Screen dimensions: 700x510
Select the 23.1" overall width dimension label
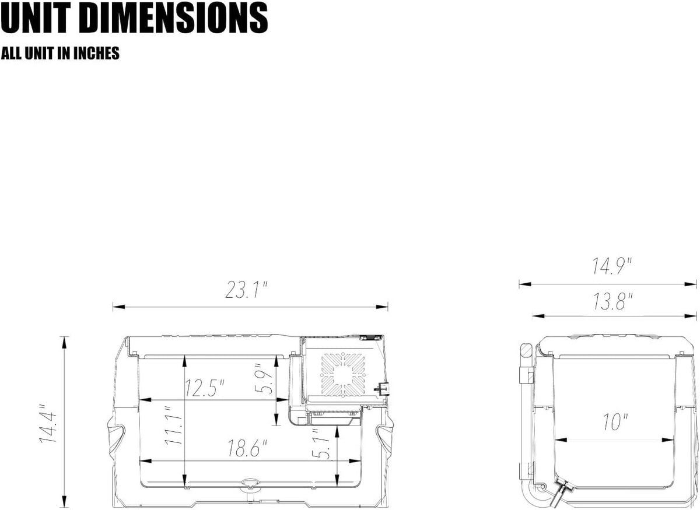coord(247,290)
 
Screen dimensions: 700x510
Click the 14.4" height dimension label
coord(48,423)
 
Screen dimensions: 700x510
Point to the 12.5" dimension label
coord(205,388)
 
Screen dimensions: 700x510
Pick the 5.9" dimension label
coord(264,378)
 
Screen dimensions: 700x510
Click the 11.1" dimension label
coord(173,425)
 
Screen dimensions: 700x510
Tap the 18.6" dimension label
coord(247,448)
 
